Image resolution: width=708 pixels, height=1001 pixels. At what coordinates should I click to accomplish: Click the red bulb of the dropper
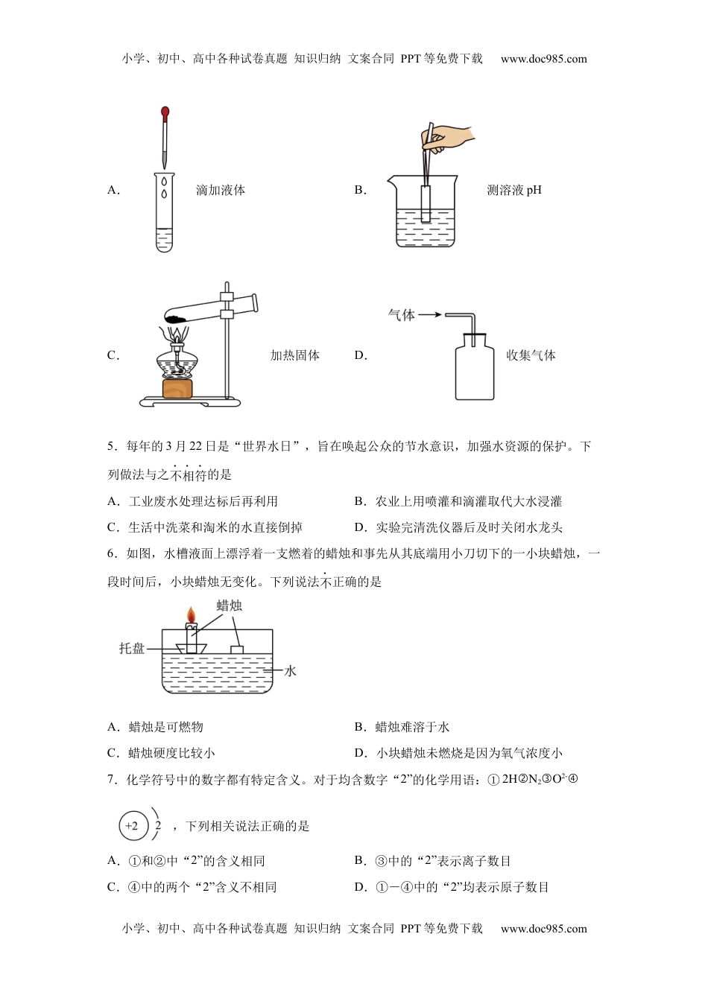point(165,113)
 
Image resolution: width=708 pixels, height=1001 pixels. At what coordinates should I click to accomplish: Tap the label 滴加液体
point(221,191)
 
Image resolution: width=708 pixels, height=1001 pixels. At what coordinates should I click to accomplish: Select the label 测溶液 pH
point(514,191)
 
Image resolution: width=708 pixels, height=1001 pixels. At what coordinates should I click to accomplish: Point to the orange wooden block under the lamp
point(177,389)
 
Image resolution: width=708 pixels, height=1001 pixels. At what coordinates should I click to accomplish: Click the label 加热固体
point(294,356)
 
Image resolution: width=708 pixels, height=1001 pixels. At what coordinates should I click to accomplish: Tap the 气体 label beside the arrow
point(401,315)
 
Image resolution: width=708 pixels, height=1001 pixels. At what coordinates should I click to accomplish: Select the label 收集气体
point(531,356)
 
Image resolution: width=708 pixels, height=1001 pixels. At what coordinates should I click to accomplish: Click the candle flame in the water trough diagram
point(192,615)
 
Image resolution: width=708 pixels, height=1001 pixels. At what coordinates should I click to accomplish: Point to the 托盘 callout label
point(132,649)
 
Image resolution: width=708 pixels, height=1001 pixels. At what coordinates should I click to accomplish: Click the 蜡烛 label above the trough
point(229,606)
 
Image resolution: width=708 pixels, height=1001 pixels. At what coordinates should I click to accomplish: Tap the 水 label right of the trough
point(290,671)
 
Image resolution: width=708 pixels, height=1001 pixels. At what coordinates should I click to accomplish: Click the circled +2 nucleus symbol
point(133,826)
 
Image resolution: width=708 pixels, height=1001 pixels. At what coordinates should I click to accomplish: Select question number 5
point(111,447)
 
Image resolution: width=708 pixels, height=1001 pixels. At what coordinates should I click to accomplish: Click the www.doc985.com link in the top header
point(543,60)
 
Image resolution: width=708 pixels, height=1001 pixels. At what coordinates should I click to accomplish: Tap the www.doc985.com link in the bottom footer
point(543,929)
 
